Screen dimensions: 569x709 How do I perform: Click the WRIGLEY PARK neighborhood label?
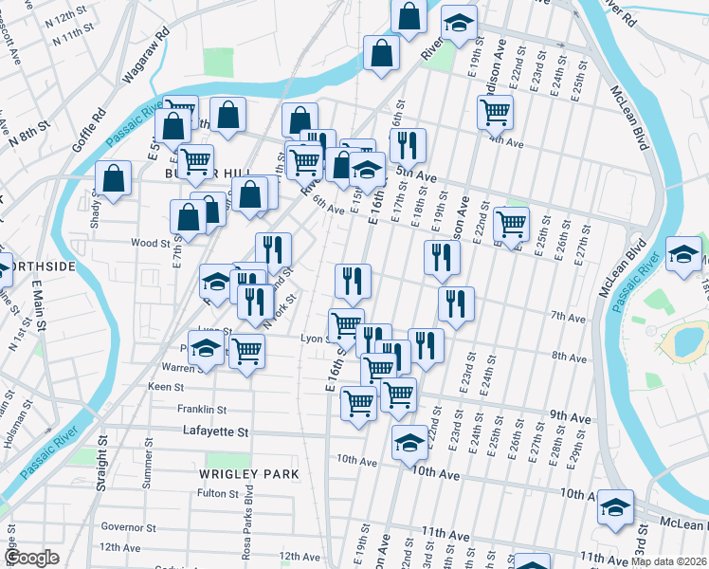[249, 473]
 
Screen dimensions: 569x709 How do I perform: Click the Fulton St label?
[217, 493]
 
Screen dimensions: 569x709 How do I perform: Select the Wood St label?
[150, 244]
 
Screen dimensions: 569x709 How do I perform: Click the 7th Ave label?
[570, 317]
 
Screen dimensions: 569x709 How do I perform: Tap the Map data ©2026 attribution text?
[669, 561]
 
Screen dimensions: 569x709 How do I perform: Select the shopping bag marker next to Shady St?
[113, 178]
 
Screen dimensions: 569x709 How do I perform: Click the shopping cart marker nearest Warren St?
[247, 350]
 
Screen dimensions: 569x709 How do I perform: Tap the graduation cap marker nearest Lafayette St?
[409, 442]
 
